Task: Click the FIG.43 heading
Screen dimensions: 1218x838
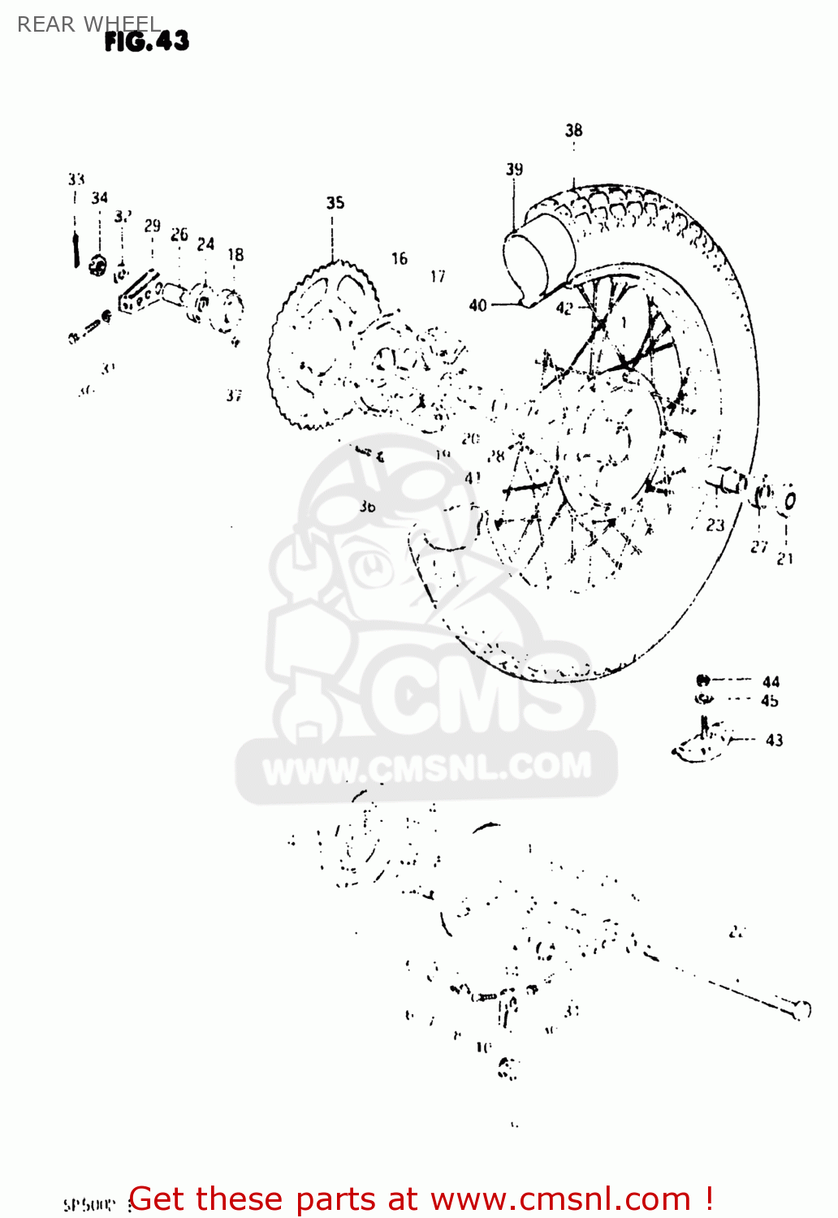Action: coord(147,41)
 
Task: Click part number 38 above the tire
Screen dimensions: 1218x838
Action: coord(574,130)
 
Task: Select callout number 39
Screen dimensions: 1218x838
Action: coord(515,169)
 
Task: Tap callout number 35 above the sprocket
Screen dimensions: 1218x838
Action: coord(335,203)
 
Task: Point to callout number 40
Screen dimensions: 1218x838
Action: coord(477,305)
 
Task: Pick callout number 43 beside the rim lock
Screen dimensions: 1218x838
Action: coord(775,740)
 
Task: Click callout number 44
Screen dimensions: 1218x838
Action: coord(771,682)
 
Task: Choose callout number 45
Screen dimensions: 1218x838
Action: coord(770,700)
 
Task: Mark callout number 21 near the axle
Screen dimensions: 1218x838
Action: coord(785,559)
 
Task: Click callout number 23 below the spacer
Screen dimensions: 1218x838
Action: coord(715,525)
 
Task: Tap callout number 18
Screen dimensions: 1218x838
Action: coord(235,255)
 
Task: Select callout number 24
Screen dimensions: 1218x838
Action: coord(205,244)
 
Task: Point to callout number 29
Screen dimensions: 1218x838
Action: coord(153,226)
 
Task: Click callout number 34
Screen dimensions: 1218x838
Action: coord(99,197)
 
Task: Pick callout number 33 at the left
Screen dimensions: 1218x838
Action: coord(76,179)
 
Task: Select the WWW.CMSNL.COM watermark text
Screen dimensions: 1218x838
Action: coord(427,768)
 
